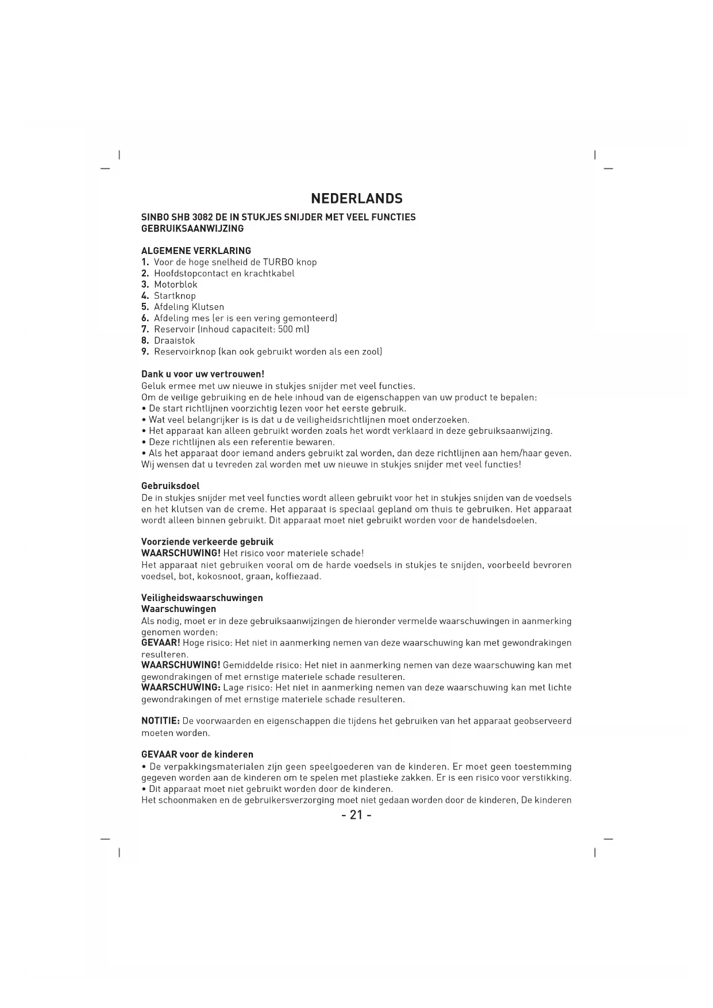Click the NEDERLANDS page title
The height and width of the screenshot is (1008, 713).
[356, 199]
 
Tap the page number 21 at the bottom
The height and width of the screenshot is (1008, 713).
[356, 815]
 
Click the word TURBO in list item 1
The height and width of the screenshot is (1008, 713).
[278, 262]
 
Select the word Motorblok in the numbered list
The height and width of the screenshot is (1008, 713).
[175, 284]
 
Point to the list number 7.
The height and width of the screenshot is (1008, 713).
[145, 329]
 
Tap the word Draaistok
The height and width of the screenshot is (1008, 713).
[174, 340]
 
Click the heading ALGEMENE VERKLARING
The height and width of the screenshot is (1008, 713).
[196, 251]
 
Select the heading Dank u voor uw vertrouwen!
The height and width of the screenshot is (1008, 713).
[202, 374]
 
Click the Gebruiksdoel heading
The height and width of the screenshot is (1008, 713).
[170, 486]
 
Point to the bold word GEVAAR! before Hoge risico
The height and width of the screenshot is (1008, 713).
[161, 642]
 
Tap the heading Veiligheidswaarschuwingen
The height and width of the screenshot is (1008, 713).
[202, 598]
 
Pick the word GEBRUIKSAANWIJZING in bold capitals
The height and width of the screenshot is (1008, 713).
[192, 229]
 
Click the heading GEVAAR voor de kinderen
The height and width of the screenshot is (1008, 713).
[197, 755]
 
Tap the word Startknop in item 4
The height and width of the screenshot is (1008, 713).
[175, 296]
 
